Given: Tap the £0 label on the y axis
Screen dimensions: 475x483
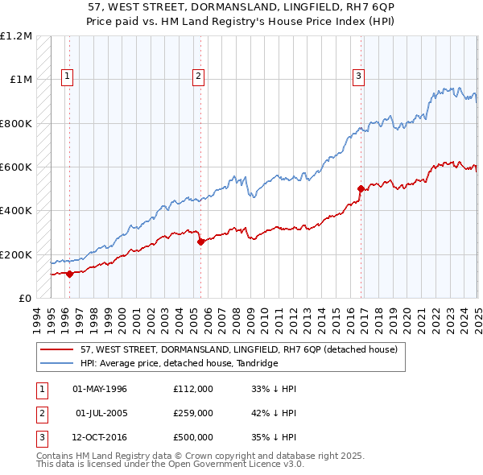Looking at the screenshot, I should [x=25, y=299].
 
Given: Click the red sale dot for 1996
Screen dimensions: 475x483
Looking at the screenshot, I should [x=70, y=274].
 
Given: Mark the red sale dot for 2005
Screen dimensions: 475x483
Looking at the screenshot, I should [x=200, y=242].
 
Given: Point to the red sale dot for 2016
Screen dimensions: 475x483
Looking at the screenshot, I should [x=361, y=188].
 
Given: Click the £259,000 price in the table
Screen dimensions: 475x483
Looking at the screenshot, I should [x=193, y=413].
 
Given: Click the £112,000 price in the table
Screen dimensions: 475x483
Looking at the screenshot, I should [x=193, y=389].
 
